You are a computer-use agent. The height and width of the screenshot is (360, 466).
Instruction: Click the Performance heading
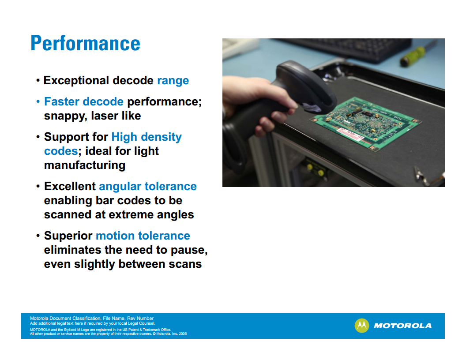(x=85, y=43)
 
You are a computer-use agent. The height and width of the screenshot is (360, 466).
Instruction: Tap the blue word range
(x=173, y=81)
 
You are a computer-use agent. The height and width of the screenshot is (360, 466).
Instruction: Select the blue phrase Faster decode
(x=84, y=101)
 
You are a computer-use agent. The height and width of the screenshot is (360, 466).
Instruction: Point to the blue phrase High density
(x=147, y=137)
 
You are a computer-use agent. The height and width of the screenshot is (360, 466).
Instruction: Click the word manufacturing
(x=85, y=165)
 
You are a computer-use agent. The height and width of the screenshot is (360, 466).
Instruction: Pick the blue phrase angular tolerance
(x=148, y=187)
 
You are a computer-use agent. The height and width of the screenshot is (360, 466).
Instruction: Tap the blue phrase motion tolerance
(x=143, y=236)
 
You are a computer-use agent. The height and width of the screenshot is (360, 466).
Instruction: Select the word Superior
(x=68, y=236)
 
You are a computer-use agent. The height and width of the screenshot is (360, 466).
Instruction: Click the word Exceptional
(x=76, y=81)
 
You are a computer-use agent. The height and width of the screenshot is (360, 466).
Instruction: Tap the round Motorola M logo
(x=362, y=326)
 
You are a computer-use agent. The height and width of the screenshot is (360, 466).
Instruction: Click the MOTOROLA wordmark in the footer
(x=403, y=326)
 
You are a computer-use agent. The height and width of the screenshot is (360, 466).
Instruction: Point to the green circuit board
(x=365, y=124)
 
